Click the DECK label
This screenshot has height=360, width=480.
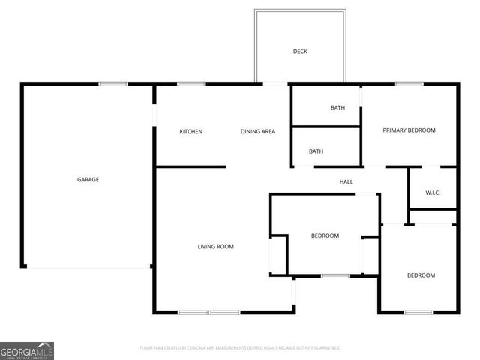pyautogui.click(x=300, y=52)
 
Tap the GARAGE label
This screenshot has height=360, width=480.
pyautogui.click(x=88, y=179)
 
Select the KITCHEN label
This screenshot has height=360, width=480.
pyautogui.click(x=190, y=132)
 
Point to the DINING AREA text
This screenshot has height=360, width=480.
pyautogui.click(x=257, y=132)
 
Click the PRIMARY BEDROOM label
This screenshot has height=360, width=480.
pyautogui.click(x=409, y=130)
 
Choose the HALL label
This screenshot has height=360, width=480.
pyautogui.click(x=346, y=181)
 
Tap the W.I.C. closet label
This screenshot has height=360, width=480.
pyautogui.click(x=433, y=193)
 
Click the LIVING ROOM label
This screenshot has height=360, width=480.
pyautogui.click(x=215, y=246)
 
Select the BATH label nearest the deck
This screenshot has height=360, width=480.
pyautogui.click(x=337, y=108)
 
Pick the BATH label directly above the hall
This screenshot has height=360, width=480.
pyautogui.click(x=316, y=151)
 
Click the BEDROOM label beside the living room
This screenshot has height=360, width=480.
pyautogui.click(x=325, y=235)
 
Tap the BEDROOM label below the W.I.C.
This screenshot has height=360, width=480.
pyautogui.click(x=421, y=275)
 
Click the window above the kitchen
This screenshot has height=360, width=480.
pyautogui.click(x=191, y=84)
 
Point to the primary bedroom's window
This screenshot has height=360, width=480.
pyautogui.click(x=409, y=84)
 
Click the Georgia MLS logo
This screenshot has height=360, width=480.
pyautogui.click(x=27, y=351)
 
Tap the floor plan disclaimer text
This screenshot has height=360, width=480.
pyautogui.click(x=240, y=348)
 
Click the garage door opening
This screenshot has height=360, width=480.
pyautogui.click(x=88, y=268)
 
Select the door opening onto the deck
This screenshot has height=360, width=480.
pyautogui.click(x=274, y=83)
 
